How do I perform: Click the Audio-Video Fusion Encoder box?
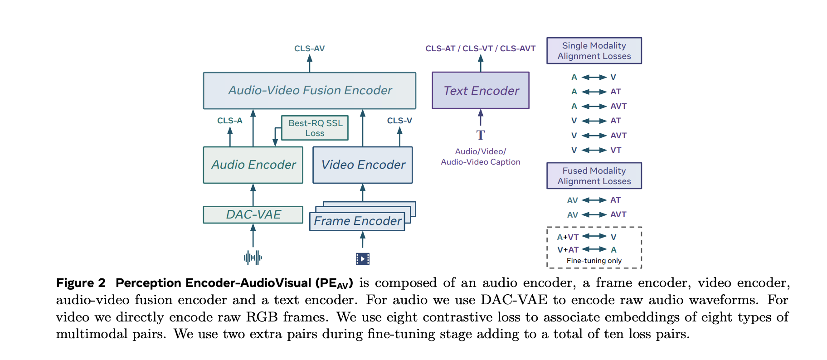(x=309, y=91)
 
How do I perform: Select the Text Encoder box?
(x=481, y=91)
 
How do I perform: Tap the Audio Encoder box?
(x=253, y=165)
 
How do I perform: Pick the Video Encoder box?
(x=363, y=165)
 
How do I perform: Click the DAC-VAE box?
(x=253, y=214)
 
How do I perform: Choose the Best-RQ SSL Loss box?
(x=315, y=128)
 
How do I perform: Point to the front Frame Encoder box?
(x=357, y=221)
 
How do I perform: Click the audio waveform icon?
(x=253, y=258)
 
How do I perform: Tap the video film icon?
(x=363, y=258)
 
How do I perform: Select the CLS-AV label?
(x=309, y=49)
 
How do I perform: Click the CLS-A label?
(x=230, y=121)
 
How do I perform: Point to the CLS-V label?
(x=399, y=121)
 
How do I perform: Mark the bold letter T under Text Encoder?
(x=481, y=135)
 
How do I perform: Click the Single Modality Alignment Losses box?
(x=594, y=51)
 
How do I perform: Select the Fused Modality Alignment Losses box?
(x=594, y=176)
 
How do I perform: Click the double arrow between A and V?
(x=594, y=78)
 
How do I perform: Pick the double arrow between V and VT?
(x=594, y=150)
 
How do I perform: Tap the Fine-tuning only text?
(x=594, y=261)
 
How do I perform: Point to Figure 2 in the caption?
(x=81, y=283)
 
